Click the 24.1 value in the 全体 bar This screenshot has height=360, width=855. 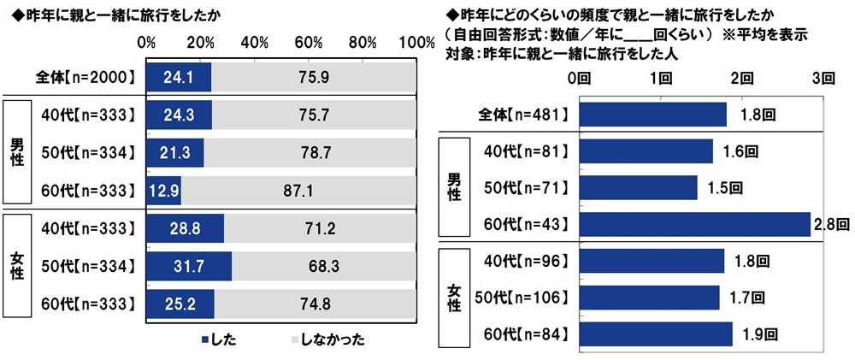click(173, 77)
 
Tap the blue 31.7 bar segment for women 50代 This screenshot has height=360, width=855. click(189, 266)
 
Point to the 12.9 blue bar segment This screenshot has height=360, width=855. click(163, 191)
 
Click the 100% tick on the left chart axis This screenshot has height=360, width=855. click(417, 43)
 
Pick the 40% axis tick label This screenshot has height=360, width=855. click(254, 43)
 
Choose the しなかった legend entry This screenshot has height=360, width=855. click(330, 340)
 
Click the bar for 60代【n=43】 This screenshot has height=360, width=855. click(694, 224)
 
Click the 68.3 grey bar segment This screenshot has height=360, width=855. click(325, 266)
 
